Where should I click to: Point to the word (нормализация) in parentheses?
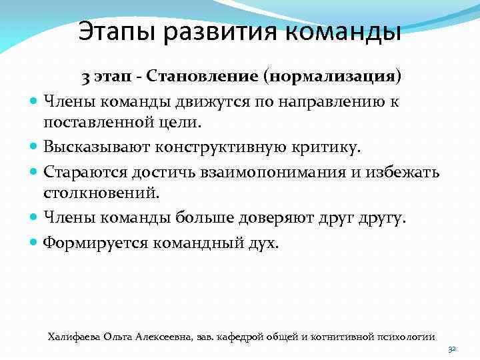click(x=333, y=77)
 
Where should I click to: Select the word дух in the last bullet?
click(x=263, y=243)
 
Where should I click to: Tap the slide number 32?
click(x=451, y=349)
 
